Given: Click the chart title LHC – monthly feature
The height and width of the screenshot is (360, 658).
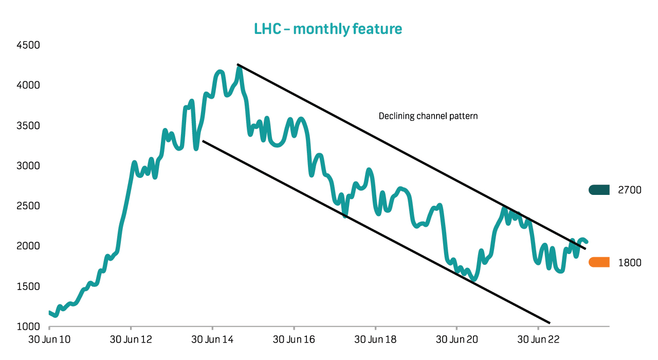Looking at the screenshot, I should [328, 29].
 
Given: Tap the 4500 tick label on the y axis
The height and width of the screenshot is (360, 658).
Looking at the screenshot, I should [28, 45].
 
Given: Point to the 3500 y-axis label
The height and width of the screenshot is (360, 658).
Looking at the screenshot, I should [28, 125].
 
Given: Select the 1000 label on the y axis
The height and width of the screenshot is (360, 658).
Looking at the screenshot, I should [28, 327].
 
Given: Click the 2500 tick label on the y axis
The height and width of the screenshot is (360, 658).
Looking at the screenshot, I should [28, 206].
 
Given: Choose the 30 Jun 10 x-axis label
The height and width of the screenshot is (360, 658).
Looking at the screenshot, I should [49, 340].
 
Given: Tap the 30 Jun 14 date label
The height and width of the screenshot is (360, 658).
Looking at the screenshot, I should [212, 340].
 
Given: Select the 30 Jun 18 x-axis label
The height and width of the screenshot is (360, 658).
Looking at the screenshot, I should [376, 340].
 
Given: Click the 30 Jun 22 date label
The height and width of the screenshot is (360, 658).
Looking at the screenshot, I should [538, 340].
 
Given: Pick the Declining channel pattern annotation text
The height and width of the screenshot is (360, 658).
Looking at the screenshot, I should [428, 116].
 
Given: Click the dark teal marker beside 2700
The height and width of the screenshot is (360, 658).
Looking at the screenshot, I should [599, 190].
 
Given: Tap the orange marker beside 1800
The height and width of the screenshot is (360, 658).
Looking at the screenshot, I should [599, 262].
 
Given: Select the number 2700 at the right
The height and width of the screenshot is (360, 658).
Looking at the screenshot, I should [630, 190].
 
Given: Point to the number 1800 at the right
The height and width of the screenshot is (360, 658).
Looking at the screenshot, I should [630, 263].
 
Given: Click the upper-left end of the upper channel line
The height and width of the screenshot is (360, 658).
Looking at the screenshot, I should [237, 65].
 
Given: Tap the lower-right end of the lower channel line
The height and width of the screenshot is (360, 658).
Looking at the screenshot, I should [549, 322].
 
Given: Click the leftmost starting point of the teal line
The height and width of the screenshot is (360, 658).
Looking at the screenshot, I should [49, 312].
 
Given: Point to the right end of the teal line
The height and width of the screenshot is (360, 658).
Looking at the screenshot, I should [587, 242].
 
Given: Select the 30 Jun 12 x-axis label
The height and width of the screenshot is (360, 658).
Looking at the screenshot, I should [131, 340].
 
